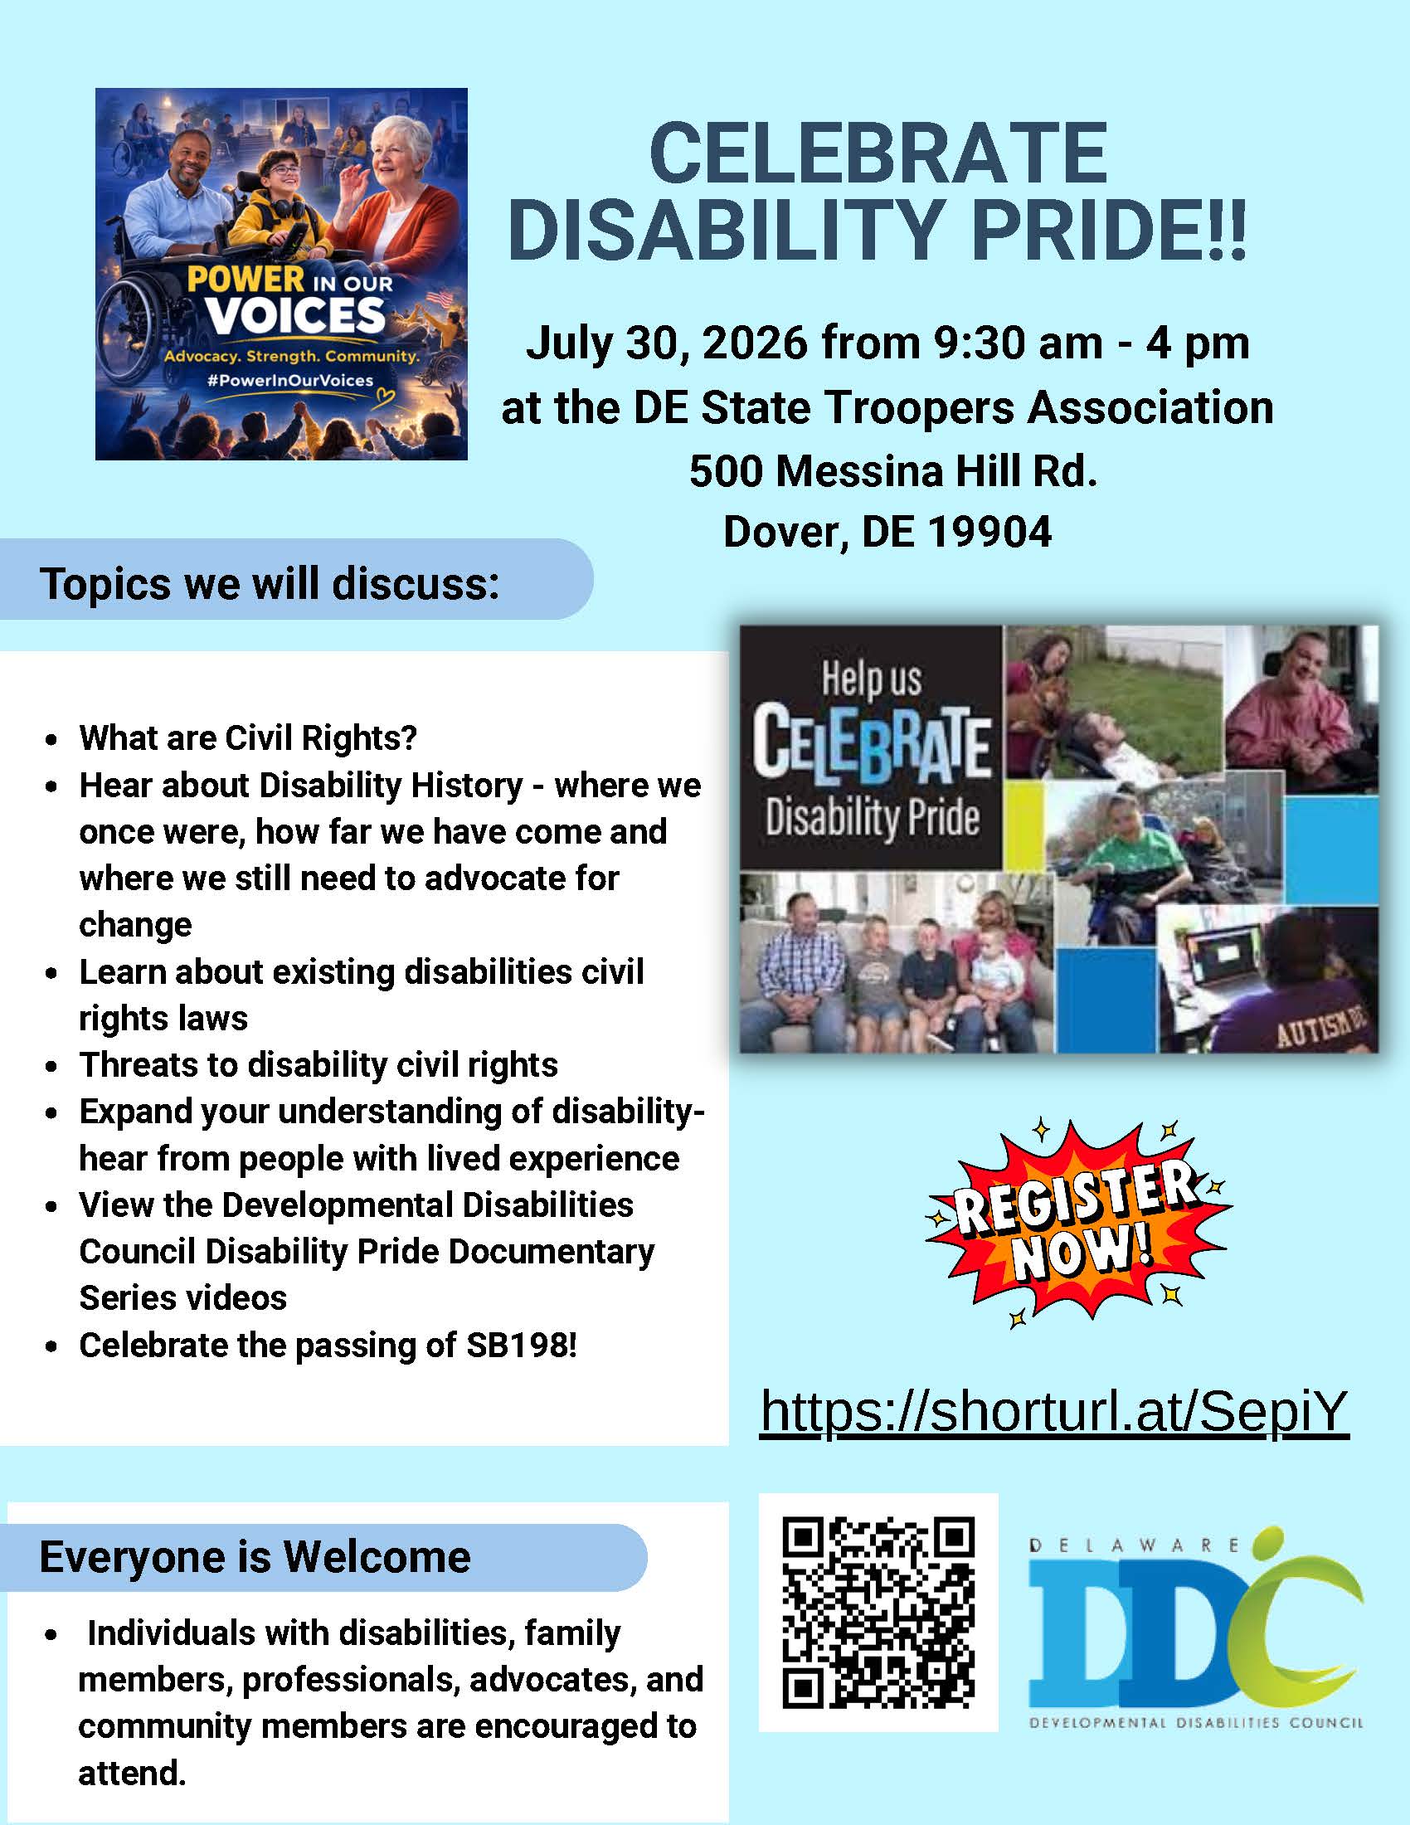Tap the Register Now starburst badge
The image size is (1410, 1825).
[x=1077, y=1224]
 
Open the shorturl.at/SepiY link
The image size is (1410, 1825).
[x=1054, y=1411]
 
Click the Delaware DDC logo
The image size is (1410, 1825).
[x=1195, y=1628]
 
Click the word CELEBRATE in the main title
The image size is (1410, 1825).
[x=878, y=153]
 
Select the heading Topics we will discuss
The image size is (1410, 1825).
[x=270, y=583]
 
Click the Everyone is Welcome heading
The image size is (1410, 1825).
[x=255, y=1557]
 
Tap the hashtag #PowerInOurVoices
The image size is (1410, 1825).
[x=289, y=381]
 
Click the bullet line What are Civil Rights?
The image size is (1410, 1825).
[x=248, y=737]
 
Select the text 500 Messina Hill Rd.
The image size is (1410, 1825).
[x=893, y=471]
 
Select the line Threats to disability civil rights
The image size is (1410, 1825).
[x=318, y=1065]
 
